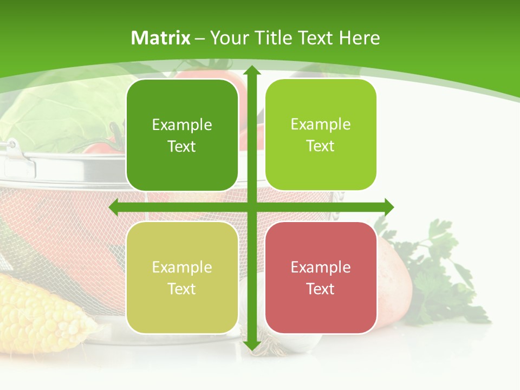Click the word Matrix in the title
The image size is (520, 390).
tap(161, 38)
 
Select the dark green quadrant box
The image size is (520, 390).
tap(182, 135)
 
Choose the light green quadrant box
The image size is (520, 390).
tap(321, 135)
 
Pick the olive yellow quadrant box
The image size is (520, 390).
tap(182, 278)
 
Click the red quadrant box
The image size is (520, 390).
tap(321, 278)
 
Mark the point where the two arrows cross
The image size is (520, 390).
tap(251, 207)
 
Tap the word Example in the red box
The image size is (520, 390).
tap(321, 267)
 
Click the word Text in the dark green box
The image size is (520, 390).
tap(182, 147)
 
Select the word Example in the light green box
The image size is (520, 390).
tap(321, 124)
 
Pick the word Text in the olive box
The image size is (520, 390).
tap(182, 289)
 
